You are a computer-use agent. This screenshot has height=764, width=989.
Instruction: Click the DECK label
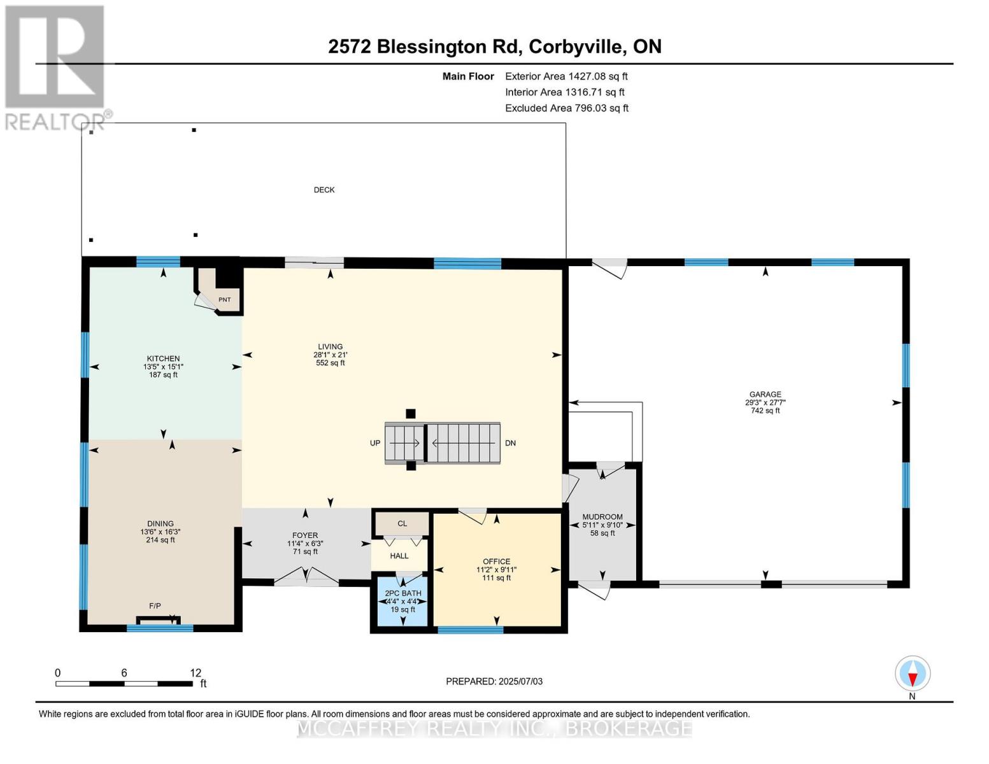click(324, 190)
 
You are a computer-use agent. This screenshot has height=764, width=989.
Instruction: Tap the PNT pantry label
click(224, 300)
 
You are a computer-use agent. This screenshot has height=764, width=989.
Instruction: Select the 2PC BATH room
click(402, 601)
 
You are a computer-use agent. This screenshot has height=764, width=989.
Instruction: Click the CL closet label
click(402, 524)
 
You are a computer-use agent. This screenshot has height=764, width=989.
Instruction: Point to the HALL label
click(399, 556)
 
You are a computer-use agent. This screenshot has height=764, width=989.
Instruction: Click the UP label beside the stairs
click(375, 443)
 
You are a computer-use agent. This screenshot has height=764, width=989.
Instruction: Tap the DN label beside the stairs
click(510, 443)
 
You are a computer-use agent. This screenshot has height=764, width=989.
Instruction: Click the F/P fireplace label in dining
click(155, 606)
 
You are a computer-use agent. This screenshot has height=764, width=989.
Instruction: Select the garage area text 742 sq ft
click(765, 411)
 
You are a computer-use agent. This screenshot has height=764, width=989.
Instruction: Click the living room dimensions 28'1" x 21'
click(330, 355)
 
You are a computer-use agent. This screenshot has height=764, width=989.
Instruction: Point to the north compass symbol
click(912, 674)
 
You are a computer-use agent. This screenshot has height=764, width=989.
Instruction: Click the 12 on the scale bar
click(195, 672)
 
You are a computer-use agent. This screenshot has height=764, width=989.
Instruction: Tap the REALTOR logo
click(55, 67)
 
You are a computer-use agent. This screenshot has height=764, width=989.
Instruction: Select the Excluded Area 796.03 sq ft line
click(566, 108)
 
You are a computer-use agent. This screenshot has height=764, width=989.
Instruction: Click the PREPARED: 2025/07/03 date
click(494, 681)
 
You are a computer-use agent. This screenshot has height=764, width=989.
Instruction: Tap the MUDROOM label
click(602, 517)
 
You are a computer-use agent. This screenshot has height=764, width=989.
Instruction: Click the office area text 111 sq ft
click(496, 578)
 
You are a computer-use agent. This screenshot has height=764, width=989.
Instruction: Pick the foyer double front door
click(306, 578)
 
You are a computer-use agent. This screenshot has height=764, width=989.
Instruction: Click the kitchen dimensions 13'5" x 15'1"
click(163, 367)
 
